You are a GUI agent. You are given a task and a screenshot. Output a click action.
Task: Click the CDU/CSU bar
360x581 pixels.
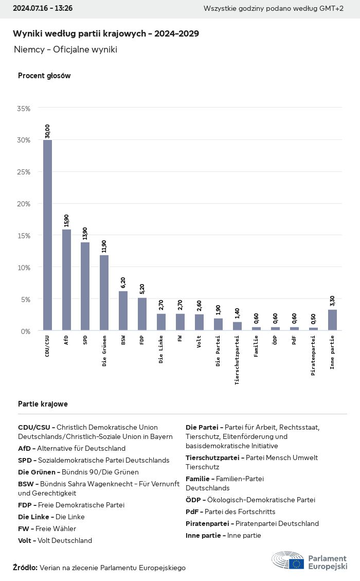(47, 235)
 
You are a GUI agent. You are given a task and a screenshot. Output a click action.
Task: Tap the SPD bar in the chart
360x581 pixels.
(85, 286)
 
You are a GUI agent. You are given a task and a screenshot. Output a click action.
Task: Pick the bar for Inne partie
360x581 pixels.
(332, 320)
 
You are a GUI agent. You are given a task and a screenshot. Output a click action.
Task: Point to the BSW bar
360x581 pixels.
(123, 311)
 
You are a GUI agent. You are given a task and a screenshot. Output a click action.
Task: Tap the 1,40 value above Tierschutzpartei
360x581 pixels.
(237, 312)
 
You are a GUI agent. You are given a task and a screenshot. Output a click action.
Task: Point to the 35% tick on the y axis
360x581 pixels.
(24, 109)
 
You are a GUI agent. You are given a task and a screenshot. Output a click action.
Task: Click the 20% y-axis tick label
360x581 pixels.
(24, 204)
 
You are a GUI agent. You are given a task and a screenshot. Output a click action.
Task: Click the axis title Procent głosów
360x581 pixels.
(44, 76)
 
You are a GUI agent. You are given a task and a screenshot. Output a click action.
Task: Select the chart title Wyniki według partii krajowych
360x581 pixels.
(106, 33)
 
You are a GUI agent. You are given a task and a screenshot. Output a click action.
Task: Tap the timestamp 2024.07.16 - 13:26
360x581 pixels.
(43, 8)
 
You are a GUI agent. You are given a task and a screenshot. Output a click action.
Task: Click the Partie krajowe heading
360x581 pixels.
(43, 404)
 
